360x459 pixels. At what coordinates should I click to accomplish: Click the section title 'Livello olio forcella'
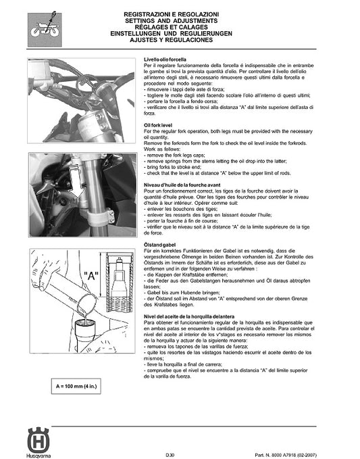tap(170, 61)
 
